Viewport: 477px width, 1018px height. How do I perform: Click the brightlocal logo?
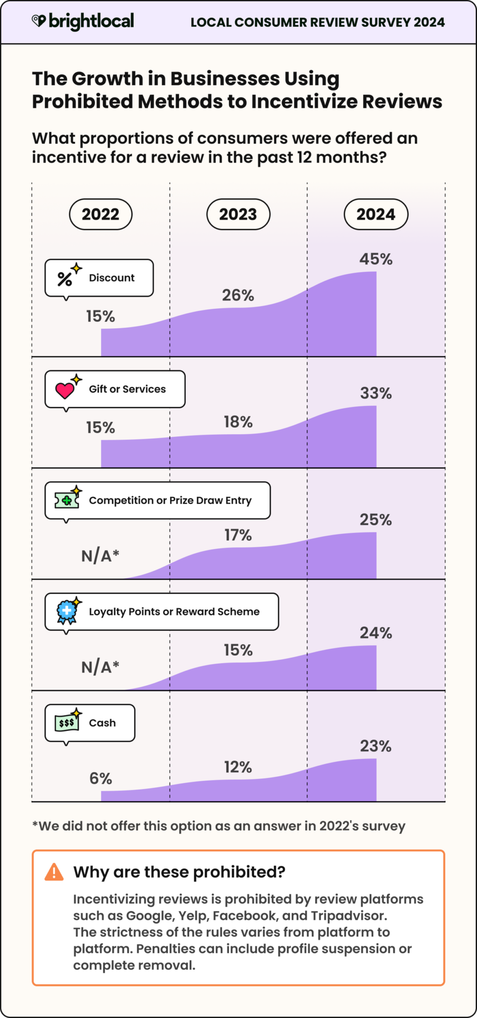[x=83, y=22]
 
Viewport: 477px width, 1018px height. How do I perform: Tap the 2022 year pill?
[x=100, y=215]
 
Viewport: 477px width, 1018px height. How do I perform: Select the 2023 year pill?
[x=238, y=215]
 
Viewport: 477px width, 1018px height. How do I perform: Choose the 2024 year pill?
[x=375, y=215]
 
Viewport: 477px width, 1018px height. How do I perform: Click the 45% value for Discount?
[x=375, y=259]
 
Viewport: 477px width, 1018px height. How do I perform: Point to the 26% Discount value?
[x=238, y=296]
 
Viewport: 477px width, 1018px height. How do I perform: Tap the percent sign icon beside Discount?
[x=65, y=278]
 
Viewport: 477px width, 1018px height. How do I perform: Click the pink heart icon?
[x=65, y=390]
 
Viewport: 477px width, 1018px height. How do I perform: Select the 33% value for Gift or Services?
[x=375, y=394]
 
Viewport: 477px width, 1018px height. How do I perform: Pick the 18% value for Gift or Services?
[x=238, y=423]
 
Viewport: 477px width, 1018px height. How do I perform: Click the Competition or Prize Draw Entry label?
[x=170, y=501]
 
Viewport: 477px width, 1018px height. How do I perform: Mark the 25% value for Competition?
[x=375, y=520]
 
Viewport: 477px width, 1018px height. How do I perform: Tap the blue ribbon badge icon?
[x=67, y=612]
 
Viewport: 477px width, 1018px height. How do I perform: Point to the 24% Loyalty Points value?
[x=375, y=633]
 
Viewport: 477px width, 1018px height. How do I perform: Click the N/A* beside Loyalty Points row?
[x=100, y=667]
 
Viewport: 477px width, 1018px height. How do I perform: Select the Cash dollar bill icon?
[x=67, y=722]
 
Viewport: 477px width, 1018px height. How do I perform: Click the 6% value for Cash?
[x=100, y=779]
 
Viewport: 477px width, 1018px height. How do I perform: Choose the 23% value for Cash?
[x=375, y=746]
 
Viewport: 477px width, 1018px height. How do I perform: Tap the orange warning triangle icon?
[x=54, y=872]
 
